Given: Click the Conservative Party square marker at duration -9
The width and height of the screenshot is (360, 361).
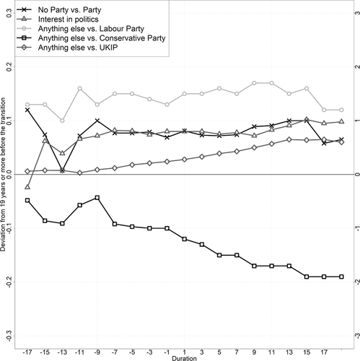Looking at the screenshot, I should point(97,197).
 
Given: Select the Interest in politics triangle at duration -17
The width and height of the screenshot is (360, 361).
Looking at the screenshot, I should point(27,187).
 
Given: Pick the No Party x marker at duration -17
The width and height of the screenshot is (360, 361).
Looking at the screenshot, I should point(27,110).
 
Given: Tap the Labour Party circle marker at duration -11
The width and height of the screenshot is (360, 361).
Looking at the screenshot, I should point(79,89).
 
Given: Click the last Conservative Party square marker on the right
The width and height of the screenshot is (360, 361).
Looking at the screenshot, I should point(341,277).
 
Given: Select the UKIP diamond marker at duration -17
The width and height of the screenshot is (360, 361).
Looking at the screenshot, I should point(27,171).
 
